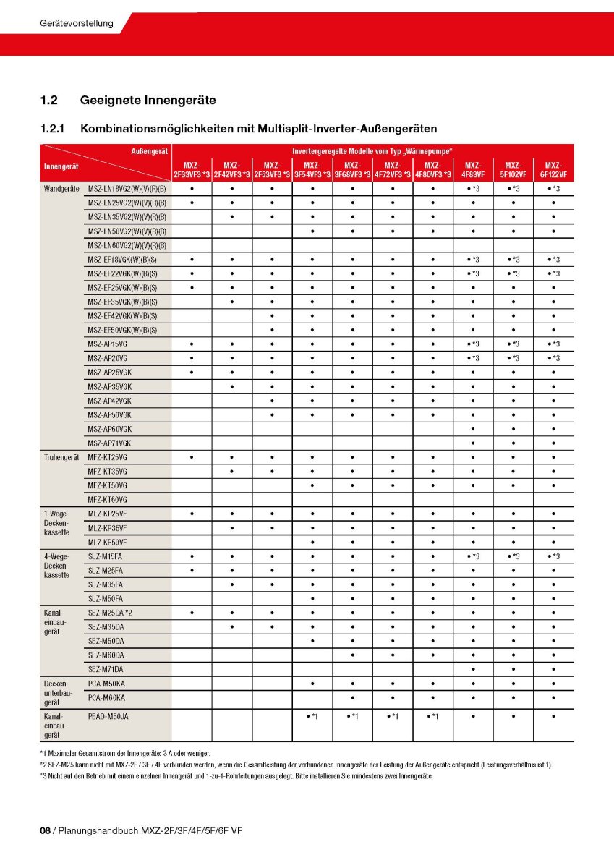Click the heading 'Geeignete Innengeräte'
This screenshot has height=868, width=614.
tap(148, 100)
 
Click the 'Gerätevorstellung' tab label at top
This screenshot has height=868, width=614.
tap(77, 23)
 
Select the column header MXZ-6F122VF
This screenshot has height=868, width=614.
tap(553, 170)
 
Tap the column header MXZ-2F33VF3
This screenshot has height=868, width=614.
tap(192, 170)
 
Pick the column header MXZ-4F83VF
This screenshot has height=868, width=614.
tap(473, 170)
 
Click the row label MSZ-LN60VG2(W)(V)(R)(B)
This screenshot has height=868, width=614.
tap(127, 245)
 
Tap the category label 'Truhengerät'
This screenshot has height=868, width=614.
tap(61, 457)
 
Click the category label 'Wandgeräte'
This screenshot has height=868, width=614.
tap(61, 188)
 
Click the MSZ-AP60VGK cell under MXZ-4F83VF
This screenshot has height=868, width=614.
tap(473, 429)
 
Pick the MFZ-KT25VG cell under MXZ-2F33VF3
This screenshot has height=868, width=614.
tap(192, 457)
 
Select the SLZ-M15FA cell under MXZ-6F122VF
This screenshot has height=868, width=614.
tap(553, 556)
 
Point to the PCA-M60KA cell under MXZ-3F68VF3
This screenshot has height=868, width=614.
tap(353, 697)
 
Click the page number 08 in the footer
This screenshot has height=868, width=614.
tap(45, 831)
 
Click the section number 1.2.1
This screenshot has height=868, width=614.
tap(52, 129)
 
